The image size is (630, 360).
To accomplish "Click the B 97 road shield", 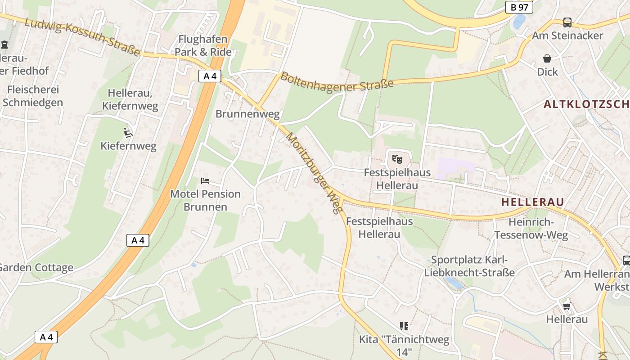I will click(x=519, y=7).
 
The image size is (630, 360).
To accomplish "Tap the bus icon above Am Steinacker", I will click(x=567, y=22).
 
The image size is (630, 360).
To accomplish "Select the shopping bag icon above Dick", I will click(x=547, y=58).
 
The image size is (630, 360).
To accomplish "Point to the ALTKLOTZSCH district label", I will click(x=586, y=104).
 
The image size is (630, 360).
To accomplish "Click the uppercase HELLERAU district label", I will click(x=532, y=202).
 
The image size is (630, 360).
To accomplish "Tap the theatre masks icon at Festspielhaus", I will click(x=397, y=158).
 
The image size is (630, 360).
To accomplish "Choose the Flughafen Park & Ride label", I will click(x=203, y=45).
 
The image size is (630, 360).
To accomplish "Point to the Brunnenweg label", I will click(x=247, y=114).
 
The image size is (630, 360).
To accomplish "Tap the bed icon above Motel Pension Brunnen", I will click(x=205, y=181).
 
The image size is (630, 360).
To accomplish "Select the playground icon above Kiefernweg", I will click(x=128, y=132).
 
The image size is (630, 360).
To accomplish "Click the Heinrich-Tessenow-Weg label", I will click(x=531, y=228).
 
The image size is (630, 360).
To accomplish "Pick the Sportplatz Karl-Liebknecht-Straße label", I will click(x=469, y=266).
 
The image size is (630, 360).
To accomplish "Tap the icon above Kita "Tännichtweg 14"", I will click(x=404, y=326).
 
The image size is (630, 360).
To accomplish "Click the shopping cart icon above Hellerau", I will click(x=567, y=306).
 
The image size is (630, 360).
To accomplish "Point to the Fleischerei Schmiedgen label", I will click(x=33, y=96).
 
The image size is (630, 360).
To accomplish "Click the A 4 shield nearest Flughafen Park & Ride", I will click(x=210, y=76).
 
